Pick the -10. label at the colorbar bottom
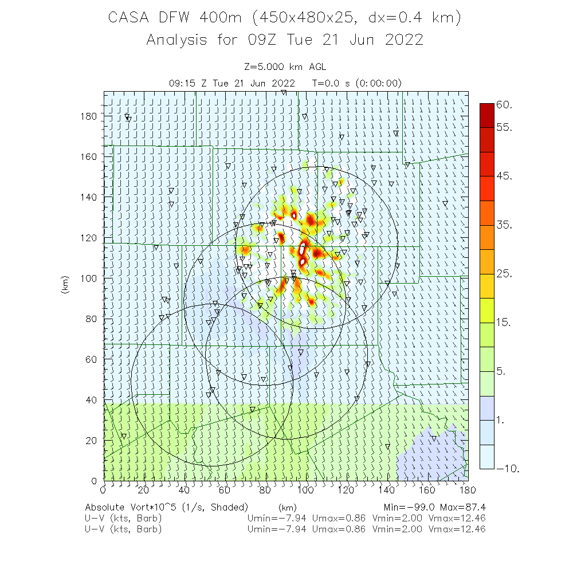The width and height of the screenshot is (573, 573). coord(508,469)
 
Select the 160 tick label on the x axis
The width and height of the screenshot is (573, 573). coord(427,489)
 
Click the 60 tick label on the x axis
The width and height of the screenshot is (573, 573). coord(225,489)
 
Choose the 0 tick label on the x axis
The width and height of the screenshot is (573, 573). coord(103,489)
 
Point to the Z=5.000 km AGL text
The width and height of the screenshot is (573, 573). coord(286,66)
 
